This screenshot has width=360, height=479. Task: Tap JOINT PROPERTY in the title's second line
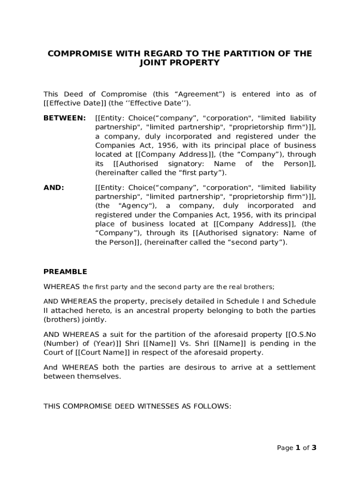click(x=180, y=63)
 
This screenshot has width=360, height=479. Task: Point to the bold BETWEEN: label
click(x=65, y=118)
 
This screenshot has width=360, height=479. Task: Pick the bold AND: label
click(x=54, y=188)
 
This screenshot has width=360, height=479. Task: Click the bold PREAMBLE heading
click(x=65, y=272)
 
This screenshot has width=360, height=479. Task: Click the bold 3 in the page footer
click(x=314, y=448)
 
